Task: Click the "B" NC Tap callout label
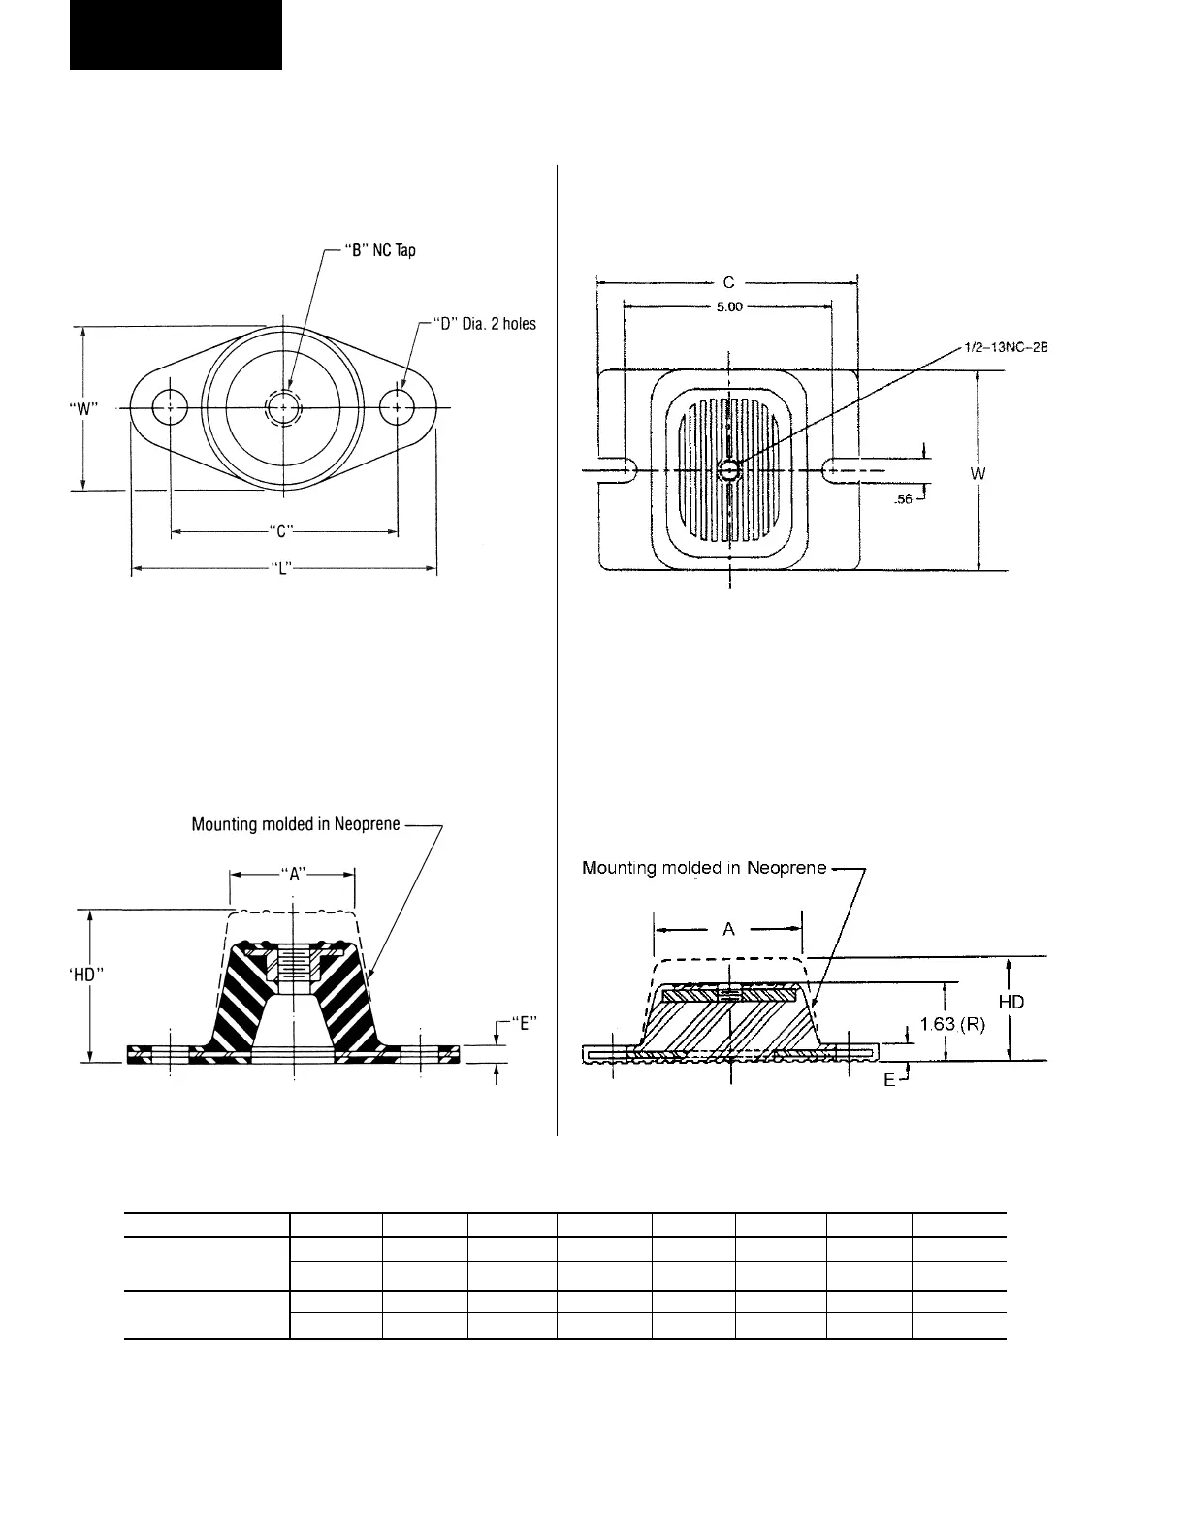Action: (x=380, y=250)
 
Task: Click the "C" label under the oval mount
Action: (x=282, y=530)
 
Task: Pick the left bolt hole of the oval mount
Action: (x=171, y=407)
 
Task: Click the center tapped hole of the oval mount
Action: (x=283, y=408)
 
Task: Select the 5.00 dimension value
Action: (x=727, y=306)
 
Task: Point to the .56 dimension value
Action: (x=902, y=500)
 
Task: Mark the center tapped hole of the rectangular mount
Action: (x=729, y=470)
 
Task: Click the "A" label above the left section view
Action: (x=293, y=873)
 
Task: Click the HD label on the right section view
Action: (x=1011, y=1002)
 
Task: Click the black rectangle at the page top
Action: (x=176, y=35)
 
